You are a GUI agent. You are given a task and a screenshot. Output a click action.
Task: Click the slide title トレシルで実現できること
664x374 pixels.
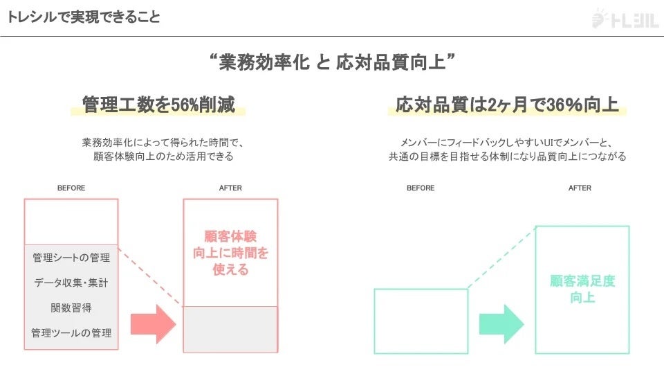click(84, 17)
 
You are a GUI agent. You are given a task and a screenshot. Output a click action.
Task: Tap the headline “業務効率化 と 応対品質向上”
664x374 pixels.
click(332, 63)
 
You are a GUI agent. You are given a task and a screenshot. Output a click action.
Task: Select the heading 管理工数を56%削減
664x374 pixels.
click(158, 105)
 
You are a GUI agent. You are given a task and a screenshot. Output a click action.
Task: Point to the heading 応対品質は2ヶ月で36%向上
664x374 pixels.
click(507, 105)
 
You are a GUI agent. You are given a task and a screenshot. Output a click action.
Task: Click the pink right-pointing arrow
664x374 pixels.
click(153, 323)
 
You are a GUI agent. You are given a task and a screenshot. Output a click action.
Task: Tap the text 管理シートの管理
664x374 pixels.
click(71, 258)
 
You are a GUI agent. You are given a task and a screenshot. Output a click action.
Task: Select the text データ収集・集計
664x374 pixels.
click(71, 283)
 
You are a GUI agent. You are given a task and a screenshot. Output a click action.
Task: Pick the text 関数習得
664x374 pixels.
click(71, 308)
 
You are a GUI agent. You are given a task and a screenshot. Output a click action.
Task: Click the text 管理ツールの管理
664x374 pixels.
click(71, 332)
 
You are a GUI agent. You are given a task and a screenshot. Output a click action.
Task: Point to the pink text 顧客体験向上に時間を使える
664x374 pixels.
click(230, 253)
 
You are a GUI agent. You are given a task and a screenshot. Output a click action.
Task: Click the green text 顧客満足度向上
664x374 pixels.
click(582, 290)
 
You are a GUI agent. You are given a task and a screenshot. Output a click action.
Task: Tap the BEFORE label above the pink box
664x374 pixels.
click(71, 188)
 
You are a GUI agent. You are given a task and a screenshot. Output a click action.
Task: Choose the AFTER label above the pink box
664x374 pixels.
click(230, 188)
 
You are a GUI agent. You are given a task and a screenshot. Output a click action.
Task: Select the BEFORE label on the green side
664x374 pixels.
click(421, 188)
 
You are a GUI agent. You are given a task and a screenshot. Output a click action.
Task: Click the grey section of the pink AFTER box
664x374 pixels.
click(230, 329)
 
